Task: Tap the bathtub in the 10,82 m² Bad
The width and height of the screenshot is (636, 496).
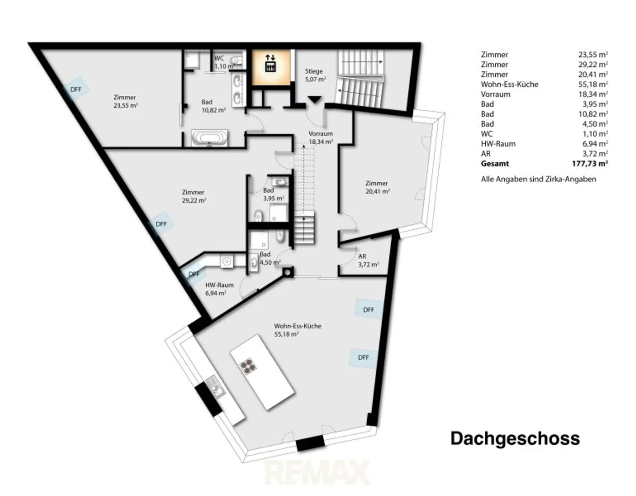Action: [x=210, y=138]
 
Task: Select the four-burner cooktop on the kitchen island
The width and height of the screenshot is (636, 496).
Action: [x=248, y=366]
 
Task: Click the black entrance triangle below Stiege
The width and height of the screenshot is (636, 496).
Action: [x=315, y=99]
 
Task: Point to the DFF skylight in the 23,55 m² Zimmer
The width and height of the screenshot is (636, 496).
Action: [x=76, y=89]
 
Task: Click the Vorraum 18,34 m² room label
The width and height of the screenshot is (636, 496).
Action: [x=321, y=138]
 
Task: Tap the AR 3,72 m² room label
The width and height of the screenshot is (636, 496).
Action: [x=369, y=260]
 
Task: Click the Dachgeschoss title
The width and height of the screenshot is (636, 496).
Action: [x=515, y=438]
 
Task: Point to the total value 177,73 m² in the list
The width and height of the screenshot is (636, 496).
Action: [x=590, y=163]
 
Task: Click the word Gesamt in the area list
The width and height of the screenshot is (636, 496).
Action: [x=495, y=163]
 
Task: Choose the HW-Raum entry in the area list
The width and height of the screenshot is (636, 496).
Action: [x=498, y=144]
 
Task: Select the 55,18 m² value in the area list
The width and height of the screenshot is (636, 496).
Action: [x=593, y=84]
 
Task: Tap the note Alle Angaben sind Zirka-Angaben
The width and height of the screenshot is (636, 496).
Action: [x=539, y=179]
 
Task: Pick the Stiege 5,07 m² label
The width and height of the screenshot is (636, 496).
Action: [x=315, y=75]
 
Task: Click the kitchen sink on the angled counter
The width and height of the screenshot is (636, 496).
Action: [x=214, y=387]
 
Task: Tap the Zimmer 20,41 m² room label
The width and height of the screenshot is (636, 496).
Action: [x=378, y=187]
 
